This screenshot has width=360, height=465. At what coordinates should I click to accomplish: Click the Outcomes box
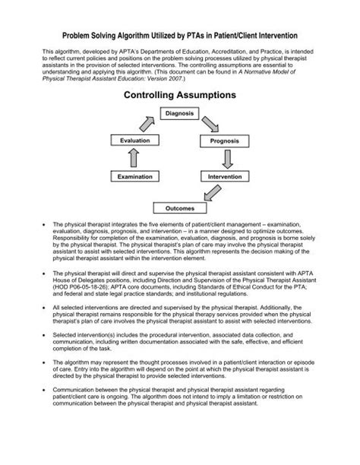(x=179, y=207)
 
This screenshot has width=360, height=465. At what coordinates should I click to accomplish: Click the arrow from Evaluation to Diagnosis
(x=145, y=123)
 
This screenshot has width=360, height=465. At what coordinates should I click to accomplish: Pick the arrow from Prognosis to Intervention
(x=226, y=159)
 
